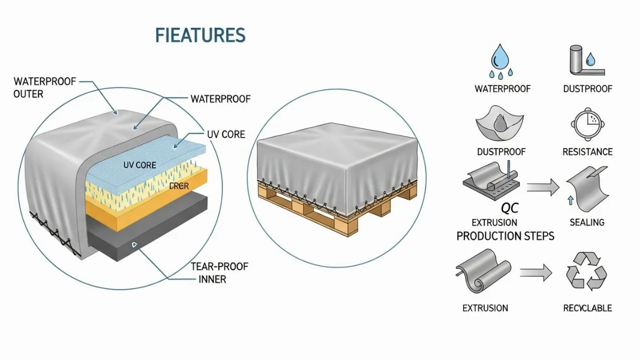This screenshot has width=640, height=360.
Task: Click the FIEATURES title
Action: [200, 35]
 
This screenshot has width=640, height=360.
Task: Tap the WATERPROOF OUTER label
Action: [45, 87]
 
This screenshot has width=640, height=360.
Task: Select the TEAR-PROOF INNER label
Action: [219, 272]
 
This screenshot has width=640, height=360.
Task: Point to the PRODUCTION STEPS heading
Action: [505, 236]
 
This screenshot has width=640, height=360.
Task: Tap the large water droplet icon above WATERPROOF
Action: [500, 57]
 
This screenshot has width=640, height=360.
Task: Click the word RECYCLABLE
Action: [587, 308]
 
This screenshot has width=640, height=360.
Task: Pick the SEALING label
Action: [587, 222]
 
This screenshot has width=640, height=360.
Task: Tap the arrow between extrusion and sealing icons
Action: [542, 186]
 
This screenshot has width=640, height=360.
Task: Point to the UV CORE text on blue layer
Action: [139, 165]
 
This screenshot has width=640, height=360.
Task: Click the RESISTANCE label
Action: [587, 152]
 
